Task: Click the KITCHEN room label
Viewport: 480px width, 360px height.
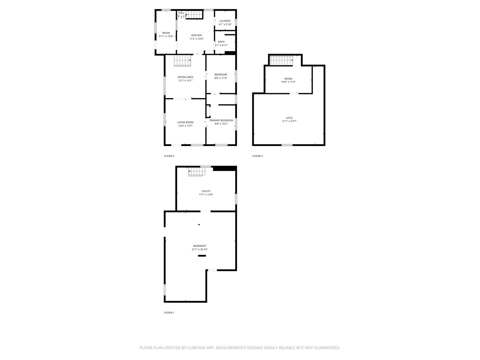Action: coord(196,35)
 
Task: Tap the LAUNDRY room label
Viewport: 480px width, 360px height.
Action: coord(225,21)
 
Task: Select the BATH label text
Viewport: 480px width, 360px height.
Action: coord(221,42)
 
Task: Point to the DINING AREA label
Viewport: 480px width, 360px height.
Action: coord(185,77)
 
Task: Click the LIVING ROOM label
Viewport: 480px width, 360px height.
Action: coord(185,122)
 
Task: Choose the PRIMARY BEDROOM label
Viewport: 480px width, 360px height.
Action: coord(221,120)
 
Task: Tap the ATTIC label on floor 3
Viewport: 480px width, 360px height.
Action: coord(289,118)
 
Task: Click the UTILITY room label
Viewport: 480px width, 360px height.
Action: coord(206,191)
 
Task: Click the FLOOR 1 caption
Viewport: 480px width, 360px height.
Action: coord(169,313)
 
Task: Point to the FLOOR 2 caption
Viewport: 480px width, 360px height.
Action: coord(169,156)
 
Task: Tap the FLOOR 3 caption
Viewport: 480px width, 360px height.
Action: coord(257,156)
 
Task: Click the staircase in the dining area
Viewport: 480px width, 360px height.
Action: coord(182,61)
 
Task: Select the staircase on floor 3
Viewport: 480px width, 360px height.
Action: coord(281,61)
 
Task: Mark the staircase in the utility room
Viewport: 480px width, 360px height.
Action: coord(196,172)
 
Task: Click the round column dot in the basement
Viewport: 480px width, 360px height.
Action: coord(199,225)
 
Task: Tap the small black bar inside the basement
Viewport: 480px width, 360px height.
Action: coord(202,256)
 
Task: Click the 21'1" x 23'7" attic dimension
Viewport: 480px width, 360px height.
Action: coord(289,121)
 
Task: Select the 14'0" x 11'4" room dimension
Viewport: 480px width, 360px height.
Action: coord(288,82)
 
